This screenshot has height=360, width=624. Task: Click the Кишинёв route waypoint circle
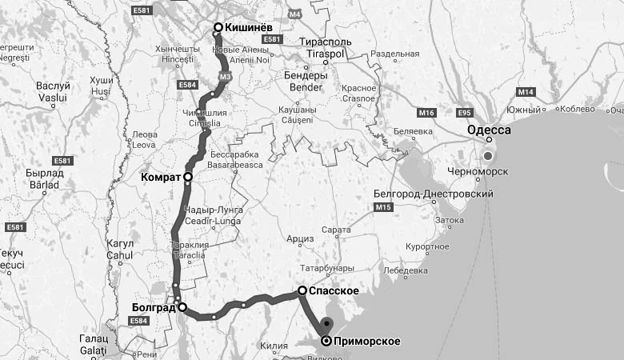[x=218, y=28]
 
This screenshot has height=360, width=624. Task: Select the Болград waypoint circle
[x=182, y=306]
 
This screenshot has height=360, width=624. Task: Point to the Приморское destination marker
[x=326, y=341]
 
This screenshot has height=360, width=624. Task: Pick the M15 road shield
[x=382, y=207]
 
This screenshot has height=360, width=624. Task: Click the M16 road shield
[x=426, y=113]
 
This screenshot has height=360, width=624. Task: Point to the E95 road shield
[x=464, y=113]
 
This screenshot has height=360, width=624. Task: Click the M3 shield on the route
[x=225, y=76]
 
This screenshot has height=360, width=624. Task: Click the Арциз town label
[x=301, y=238]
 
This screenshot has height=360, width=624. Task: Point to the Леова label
[x=145, y=134]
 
